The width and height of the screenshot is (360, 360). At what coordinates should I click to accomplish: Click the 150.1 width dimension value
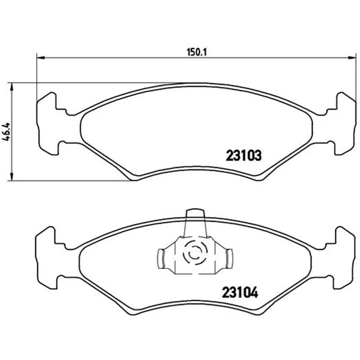tap(197, 52)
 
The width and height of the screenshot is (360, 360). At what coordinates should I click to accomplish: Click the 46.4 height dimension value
tap(6, 131)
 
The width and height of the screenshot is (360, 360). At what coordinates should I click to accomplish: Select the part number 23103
tap(243, 155)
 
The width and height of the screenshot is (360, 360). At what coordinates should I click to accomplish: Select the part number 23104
tap(240, 293)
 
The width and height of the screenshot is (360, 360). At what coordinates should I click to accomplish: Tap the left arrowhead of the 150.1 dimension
tap(40, 58)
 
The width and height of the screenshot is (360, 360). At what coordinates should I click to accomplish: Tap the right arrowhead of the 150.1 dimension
tap(352, 58)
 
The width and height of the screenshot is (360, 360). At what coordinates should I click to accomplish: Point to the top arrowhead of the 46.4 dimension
tap(10, 86)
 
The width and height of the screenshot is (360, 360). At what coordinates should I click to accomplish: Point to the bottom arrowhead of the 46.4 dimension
tap(10, 177)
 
